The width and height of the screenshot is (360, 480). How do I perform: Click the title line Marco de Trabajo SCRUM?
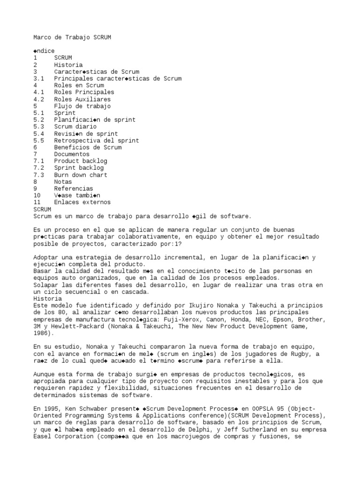pos(72,37)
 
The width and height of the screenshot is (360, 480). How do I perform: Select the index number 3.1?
pos(39,79)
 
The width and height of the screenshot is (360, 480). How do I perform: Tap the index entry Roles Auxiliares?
pos(82,99)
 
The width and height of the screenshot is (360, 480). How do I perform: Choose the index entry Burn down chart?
pos(81,175)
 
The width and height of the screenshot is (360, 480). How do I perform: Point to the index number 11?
pos(37,202)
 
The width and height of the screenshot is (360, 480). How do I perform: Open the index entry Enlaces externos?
pos(82,202)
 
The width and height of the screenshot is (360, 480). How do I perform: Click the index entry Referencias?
pos(73,188)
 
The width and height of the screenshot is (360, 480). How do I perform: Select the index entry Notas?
pos(63,181)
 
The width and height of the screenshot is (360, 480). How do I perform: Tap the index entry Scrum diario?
pos(75,127)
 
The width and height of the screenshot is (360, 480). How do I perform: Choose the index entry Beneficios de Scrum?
pos(88,147)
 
